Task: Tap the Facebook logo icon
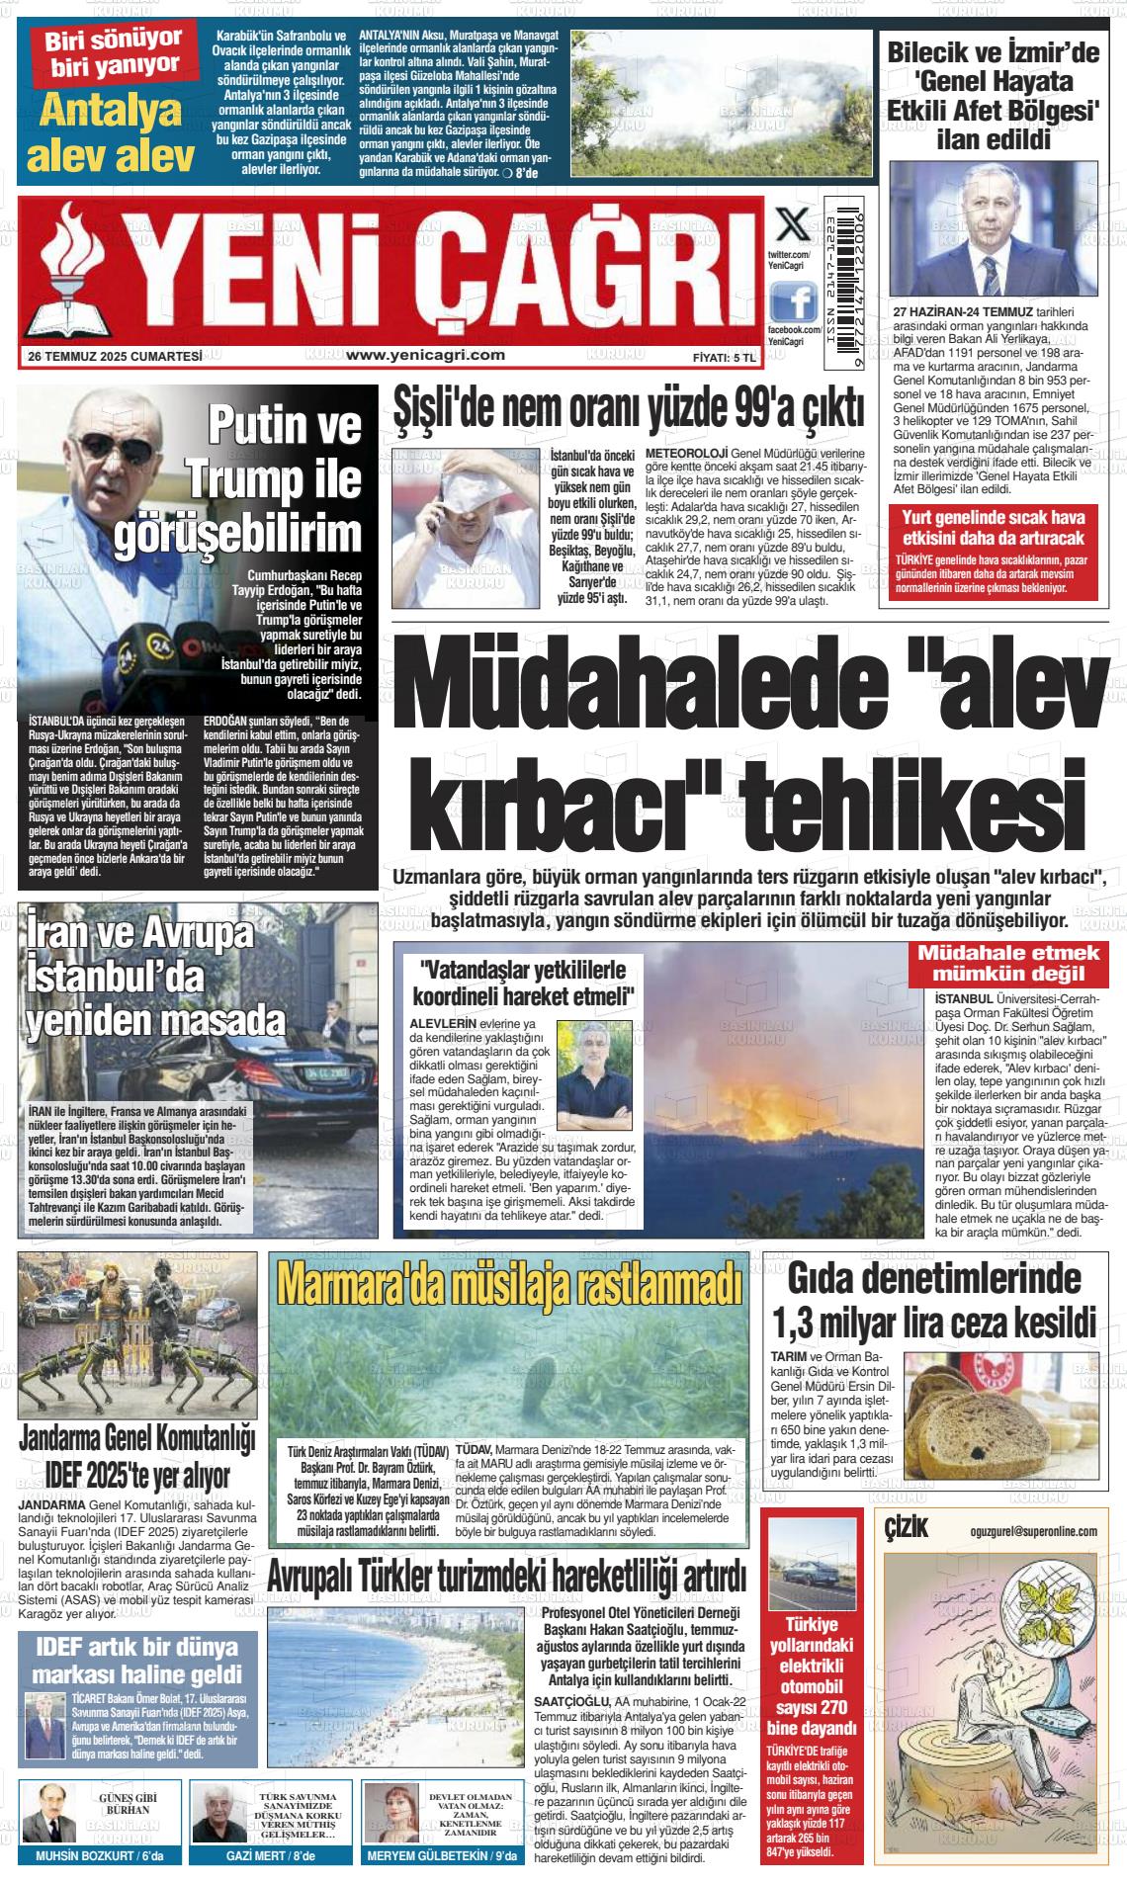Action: click(794, 300)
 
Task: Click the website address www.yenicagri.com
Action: click(426, 355)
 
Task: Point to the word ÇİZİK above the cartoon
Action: click(907, 1529)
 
